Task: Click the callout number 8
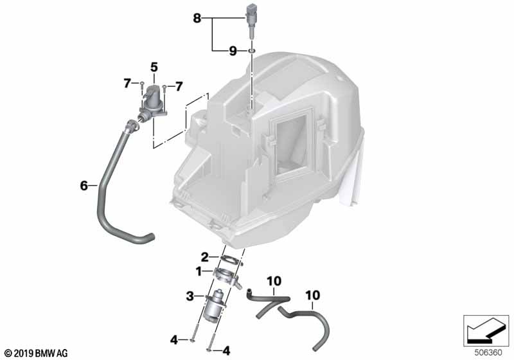coord(197,18)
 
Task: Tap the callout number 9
coord(233,51)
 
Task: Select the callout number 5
coord(154,67)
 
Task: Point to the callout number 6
coord(84,186)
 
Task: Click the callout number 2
coord(204,257)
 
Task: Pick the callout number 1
coord(199,271)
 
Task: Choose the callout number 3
coord(190,297)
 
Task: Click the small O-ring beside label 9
coord(252,51)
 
